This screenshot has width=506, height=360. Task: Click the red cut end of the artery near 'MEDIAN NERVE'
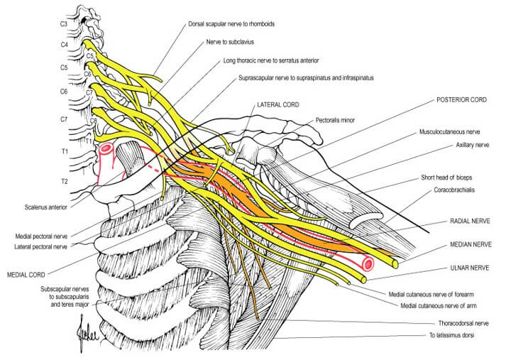click(368, 264)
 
